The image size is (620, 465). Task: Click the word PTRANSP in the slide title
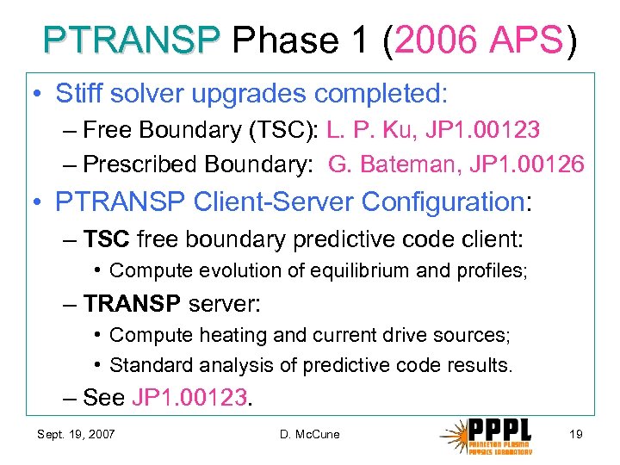[132, 40]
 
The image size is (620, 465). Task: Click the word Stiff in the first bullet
[79, 93]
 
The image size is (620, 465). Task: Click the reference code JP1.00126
[533, 164]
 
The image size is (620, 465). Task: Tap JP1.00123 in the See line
[189, 397]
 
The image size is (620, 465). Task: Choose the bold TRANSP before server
[133, 304]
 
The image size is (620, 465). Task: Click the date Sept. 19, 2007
[76, 434]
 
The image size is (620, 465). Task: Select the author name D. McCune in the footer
[310, 434]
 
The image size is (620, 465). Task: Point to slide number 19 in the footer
[576, 434]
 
